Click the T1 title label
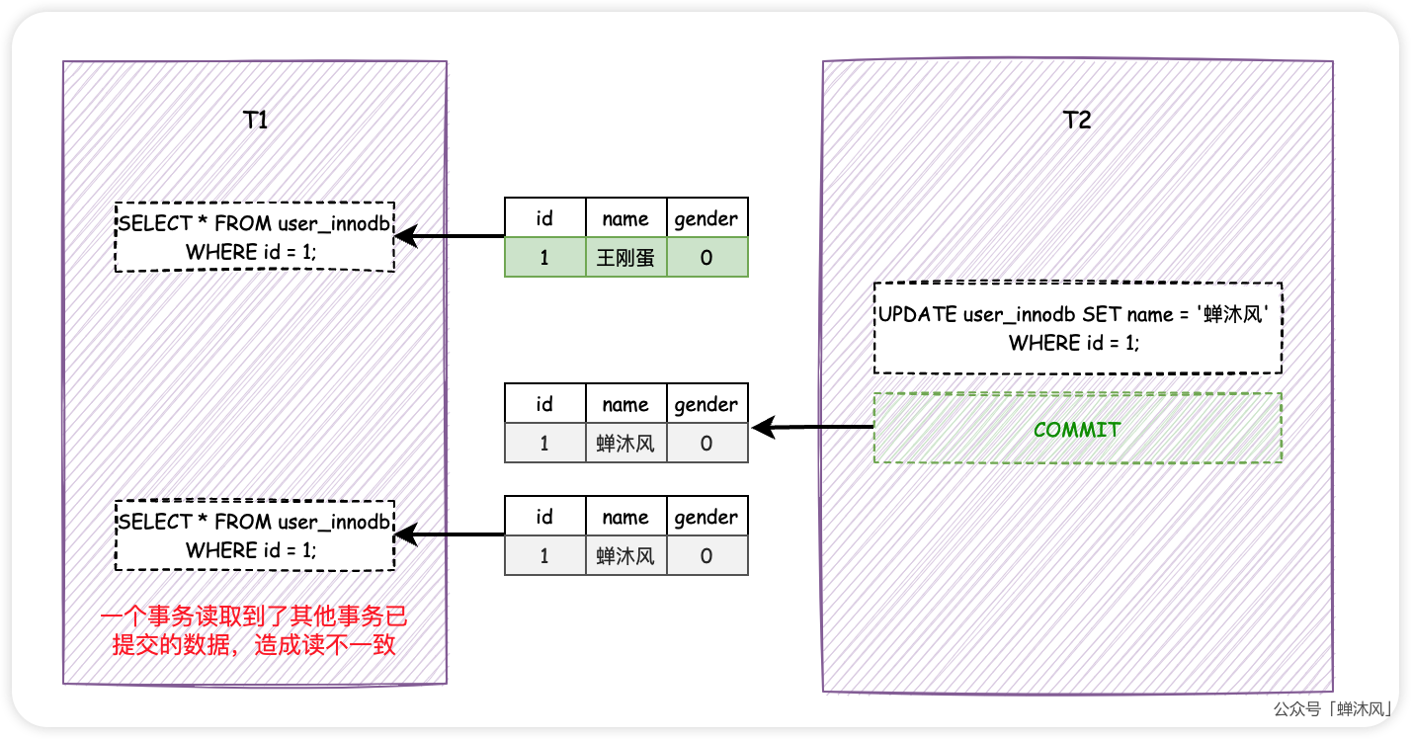pos(255,121)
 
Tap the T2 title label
pos(1077,121)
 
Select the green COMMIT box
pos(1077,429)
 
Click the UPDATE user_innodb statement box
pos(1077,329)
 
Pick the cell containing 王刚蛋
pos(625,258)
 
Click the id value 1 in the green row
pos(544,258)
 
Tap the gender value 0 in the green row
pos(706,258)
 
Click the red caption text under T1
pos(255,631)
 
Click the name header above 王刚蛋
pos(625,218)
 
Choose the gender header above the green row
pos(706,218)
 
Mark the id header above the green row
pos(544,218)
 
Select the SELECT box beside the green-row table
pos(255,237)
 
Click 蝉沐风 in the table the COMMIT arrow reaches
pos(625,444)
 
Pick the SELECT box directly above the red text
pos(255,535)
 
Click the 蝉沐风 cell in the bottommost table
pos(625,556)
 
